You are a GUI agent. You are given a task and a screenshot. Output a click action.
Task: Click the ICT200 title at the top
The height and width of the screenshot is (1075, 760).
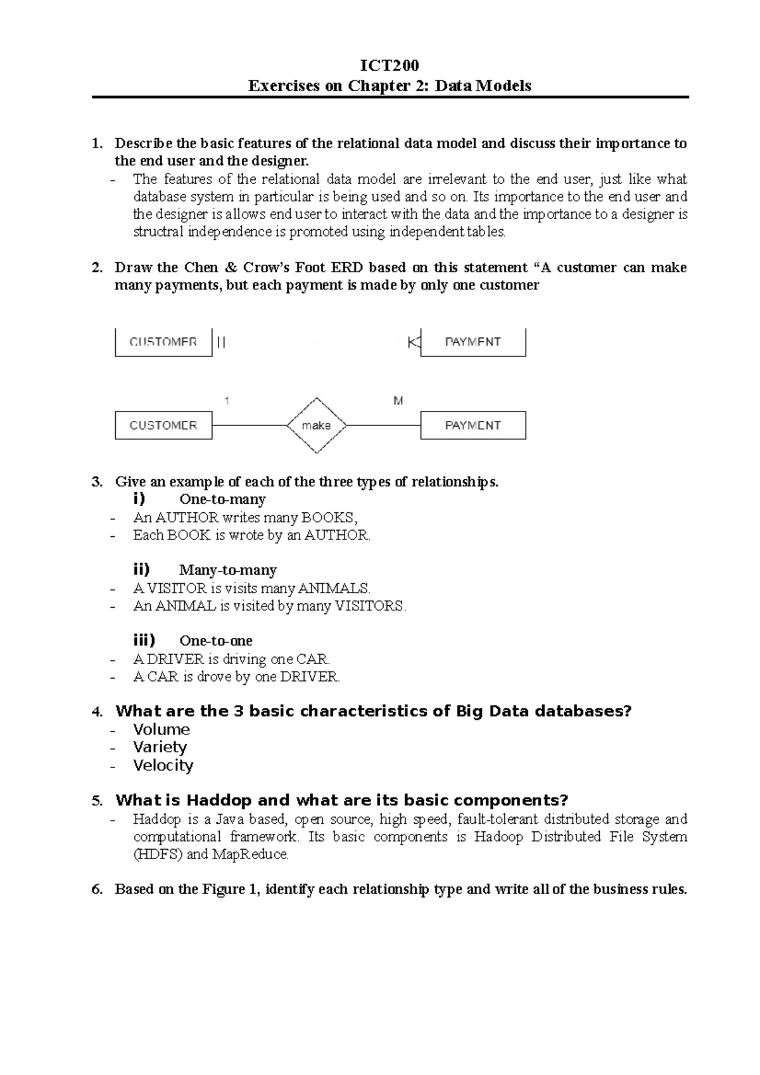(389, 66)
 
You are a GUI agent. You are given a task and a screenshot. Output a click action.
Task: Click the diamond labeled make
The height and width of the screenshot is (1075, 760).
(316, 425)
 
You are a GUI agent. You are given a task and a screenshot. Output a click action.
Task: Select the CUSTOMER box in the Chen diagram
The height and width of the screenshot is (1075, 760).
(163, 425)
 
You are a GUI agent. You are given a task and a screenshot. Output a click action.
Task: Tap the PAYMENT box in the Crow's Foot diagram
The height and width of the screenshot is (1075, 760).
(472, 342)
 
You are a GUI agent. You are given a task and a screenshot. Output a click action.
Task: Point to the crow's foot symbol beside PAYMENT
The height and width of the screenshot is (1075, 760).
(414, 343)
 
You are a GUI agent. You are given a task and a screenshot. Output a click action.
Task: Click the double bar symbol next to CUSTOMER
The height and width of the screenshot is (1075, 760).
(221, 342)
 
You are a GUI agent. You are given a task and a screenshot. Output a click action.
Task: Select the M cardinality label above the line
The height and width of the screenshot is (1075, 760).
(398, 401)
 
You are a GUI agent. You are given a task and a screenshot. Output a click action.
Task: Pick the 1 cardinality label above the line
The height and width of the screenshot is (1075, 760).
(227, 401)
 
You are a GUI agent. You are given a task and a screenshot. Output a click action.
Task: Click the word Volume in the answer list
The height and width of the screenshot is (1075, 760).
(161, 729)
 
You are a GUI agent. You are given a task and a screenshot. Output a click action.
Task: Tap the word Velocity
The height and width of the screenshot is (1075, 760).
(163, 765)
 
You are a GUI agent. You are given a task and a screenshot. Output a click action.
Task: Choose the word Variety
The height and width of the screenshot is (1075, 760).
(160, 747)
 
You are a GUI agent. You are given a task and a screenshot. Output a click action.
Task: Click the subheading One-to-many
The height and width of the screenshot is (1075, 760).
(222, 500)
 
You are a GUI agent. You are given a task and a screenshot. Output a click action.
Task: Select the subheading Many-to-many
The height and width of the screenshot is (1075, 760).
(228, 570)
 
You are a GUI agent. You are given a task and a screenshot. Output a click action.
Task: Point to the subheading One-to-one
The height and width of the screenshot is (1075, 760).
(216, 641)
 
